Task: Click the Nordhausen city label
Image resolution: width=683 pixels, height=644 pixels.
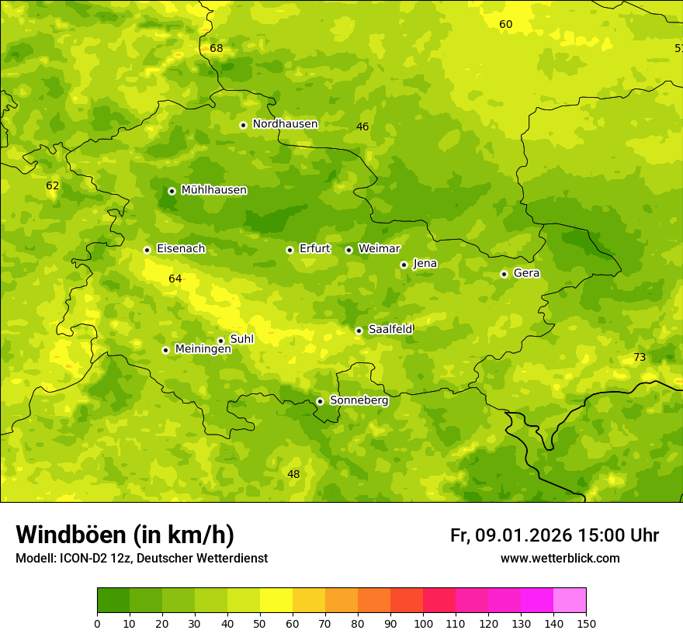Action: (285, 124)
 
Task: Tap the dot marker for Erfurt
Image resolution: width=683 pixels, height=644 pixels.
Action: (289, 250)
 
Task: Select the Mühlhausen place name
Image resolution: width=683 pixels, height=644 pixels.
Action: (213, 190)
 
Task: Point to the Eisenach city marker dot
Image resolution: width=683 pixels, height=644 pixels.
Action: (147, 250)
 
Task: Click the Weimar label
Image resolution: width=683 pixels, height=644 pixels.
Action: (379, 249)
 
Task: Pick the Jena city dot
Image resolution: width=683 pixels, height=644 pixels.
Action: (404, 265)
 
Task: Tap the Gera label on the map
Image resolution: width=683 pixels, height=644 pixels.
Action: (526, 273)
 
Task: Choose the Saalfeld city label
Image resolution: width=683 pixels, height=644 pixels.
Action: (390, 330)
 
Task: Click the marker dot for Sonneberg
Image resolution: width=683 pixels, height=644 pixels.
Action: (320, 401)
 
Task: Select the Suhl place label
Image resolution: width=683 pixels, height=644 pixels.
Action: (241, 339)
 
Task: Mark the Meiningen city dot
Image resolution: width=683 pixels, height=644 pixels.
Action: (165, 350)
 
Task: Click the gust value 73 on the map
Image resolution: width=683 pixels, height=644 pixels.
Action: (639, 358)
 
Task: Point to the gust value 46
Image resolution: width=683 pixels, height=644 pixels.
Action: (362, 126)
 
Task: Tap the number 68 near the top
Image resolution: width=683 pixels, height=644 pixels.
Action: (216, 49)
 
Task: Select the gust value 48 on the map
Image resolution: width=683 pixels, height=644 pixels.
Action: (293, 475)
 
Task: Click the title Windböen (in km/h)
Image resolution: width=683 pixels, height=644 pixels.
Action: (125, 535)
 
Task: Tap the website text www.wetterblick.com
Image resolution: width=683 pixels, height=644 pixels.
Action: (560, 559)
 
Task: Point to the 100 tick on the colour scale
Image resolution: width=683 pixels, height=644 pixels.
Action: (423, 623)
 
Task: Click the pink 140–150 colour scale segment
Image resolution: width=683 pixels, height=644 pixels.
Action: (570, 600)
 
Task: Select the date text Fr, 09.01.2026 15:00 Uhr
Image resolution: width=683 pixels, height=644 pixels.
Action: (554, 535)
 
